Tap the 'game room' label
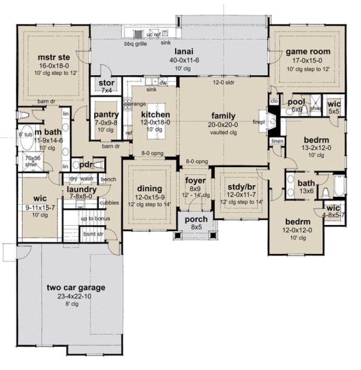coord(309,51)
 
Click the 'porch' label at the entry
coord(196,219)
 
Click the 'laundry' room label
coord(82,189)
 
